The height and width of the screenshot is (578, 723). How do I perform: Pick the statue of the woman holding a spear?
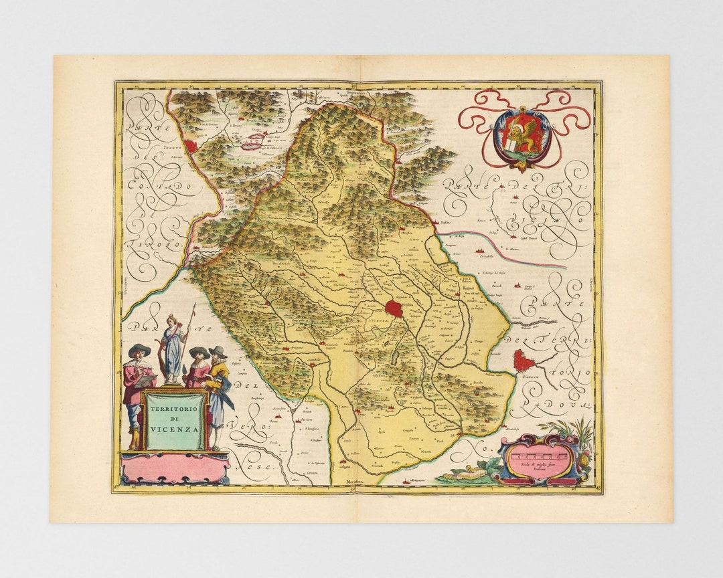(x=173, y=348)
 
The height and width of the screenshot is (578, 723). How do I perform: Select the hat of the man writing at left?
(x=139, y=349)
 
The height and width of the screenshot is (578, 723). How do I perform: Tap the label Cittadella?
(x=480, y=256)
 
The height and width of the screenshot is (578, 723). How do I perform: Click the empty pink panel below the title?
(x=175, y=469)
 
